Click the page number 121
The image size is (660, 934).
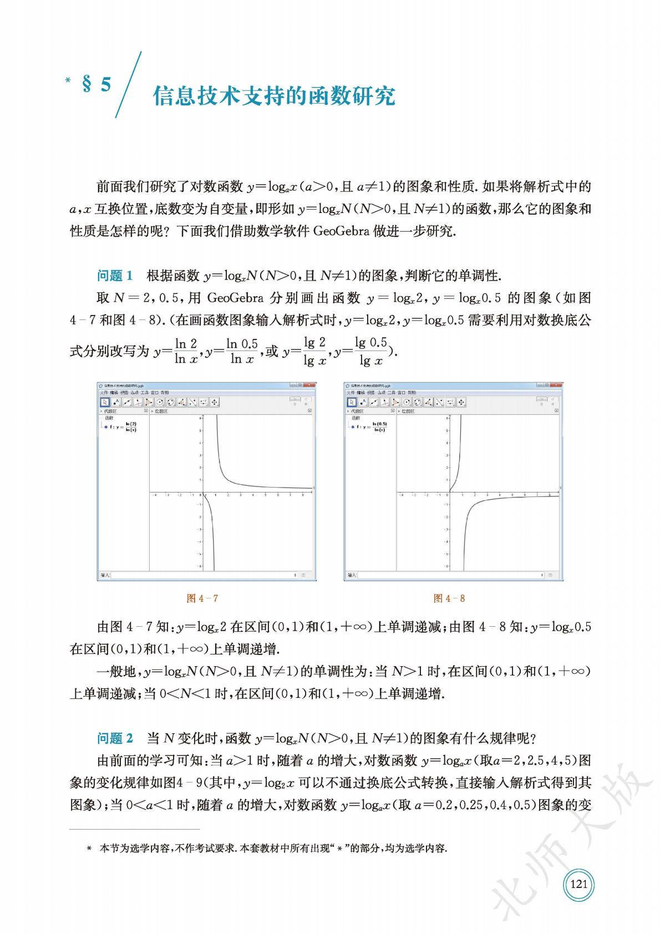pyautogui.click(x=578, y=884)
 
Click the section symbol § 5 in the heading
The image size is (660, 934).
pyautogui.click(x=97, y=85)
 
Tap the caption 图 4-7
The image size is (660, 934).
pyautogui.click(x=202, y=598)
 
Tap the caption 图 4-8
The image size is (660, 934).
pyautogui.click(x=449, y=598)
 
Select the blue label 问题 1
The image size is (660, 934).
pyautogui.click(x=115, y=276)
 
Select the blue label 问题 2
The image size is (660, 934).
pyautogui.click(x=115, y=738)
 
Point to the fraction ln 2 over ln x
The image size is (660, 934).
pyautogui.click(x=186, y=351)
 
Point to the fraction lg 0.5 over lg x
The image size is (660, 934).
pyautogui.click(x=371, y=351)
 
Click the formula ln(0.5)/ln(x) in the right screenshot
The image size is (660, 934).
pyautogui.click(x=379, y=427)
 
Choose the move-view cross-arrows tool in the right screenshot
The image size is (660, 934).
pyautogui.click(x=461, y=402)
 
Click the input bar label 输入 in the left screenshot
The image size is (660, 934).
pyautogui.click(x=105, y=575)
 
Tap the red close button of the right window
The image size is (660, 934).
pyautogui.click(x=558, y=385)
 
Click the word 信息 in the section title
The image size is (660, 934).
pyautogui.click(x=169, y=96)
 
